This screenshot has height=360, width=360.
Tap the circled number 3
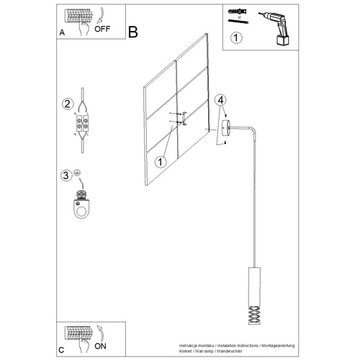(66, 174)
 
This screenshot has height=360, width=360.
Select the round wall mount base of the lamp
(227, 130)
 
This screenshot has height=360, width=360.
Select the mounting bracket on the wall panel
(184, 119)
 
